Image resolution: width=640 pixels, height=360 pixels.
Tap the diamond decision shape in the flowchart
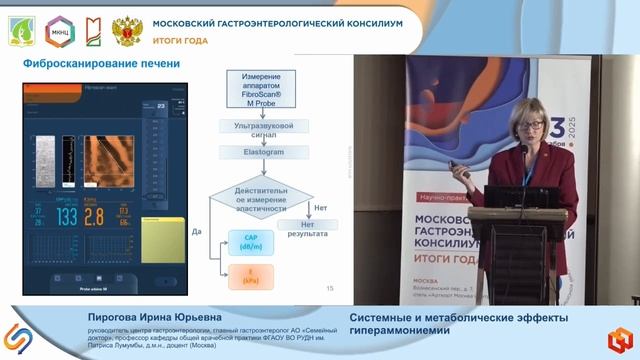click(x=262, y=196)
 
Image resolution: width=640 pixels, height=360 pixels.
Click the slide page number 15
click(x=330, y=289)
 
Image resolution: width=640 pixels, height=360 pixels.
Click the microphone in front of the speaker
click(x=522, y=151)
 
